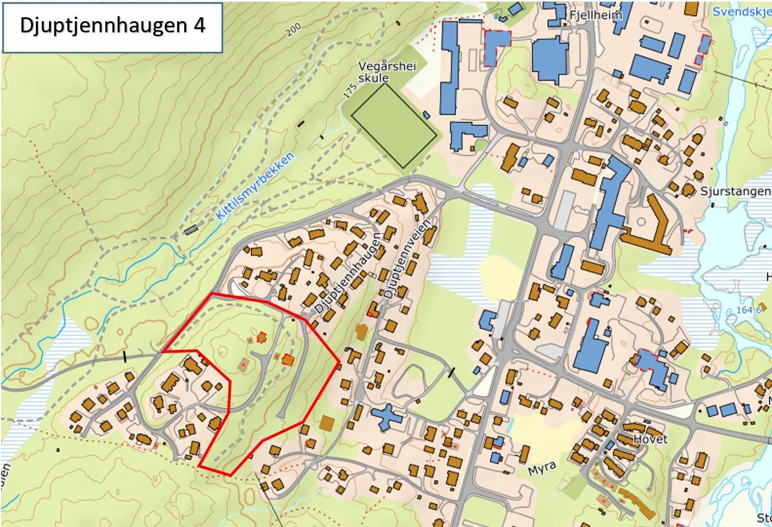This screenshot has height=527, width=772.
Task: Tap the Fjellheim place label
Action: pos(594,15)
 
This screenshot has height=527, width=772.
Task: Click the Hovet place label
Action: pos(650,439)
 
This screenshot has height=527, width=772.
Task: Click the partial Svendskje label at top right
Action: pos(741,11)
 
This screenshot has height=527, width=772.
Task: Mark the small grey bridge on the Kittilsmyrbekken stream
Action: pos(191,229)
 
